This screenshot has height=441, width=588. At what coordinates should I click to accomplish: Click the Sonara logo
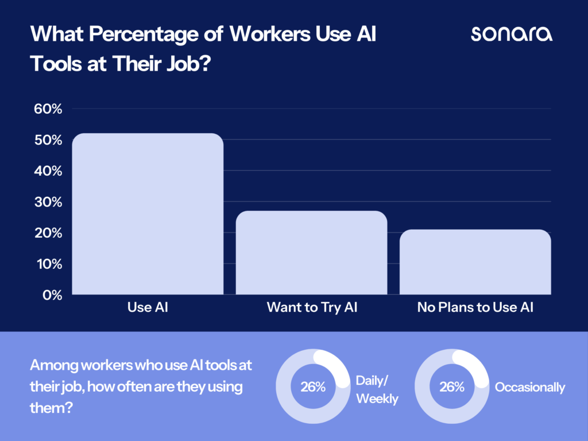(512, 34)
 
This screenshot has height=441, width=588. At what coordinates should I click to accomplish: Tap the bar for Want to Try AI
(311, 253)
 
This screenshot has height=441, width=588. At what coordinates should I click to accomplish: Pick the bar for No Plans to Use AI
(475, 262)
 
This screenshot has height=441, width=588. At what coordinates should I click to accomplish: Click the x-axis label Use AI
(148, 308)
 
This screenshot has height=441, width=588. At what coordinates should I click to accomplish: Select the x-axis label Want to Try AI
(312, 308)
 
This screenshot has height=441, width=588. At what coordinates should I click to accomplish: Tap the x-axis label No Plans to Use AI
(475, 308)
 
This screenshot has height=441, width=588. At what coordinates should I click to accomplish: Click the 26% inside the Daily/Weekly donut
(313, 387)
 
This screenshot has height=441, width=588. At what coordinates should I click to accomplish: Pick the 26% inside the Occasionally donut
(451, 387)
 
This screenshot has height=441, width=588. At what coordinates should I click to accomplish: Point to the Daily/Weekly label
(377, 389)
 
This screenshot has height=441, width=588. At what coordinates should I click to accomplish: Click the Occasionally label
(530, 388)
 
